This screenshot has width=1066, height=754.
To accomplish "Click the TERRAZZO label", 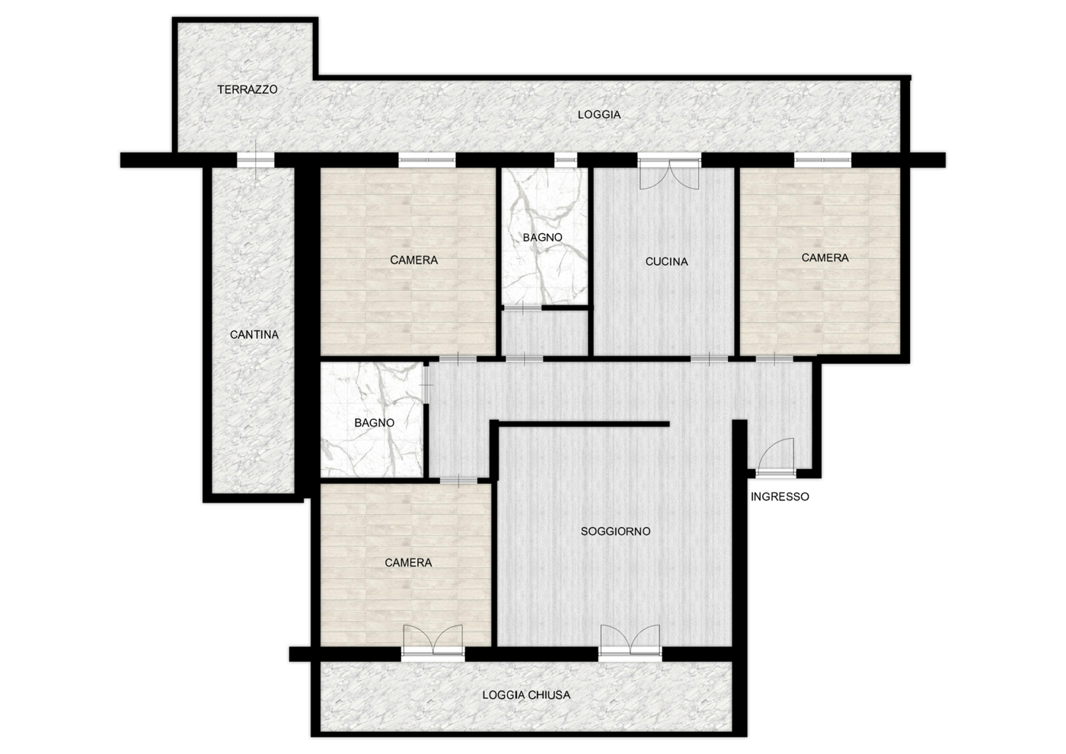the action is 247,90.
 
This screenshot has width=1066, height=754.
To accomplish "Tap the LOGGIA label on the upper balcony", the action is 599,115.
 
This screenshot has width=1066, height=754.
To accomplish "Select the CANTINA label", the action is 254,335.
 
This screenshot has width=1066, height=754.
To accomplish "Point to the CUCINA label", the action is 666,262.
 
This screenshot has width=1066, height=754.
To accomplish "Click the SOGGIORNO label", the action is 615,532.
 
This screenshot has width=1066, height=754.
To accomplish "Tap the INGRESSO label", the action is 780,497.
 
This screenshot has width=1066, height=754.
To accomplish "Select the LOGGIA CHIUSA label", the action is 526,695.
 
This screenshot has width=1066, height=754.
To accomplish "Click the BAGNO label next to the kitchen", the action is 542,238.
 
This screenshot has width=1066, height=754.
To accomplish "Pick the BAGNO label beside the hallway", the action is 375,423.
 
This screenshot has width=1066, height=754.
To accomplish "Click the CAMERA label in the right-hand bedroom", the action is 825,258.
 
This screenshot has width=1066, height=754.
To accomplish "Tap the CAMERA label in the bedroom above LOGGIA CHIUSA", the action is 408,563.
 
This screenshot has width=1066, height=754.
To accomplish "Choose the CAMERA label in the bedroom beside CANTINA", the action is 414,260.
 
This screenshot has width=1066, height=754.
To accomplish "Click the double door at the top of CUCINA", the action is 669,174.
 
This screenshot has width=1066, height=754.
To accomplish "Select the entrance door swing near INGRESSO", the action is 776,458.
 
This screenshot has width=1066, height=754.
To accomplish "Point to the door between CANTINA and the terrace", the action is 256,159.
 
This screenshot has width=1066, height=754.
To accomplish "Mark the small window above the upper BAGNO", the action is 565,161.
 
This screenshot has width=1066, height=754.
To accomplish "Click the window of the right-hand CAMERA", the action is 823,161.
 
